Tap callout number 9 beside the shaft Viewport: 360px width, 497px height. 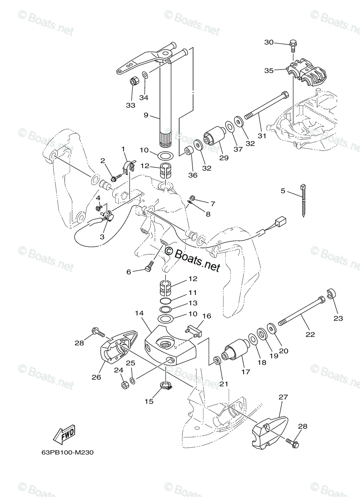[146, 116]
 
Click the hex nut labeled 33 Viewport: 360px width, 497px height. [134, 81]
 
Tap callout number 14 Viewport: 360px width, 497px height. [138, 314]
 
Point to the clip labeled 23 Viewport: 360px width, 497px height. [331, 294]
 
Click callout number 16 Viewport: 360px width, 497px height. [206, 316]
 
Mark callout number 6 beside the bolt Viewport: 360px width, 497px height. [129, 272]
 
